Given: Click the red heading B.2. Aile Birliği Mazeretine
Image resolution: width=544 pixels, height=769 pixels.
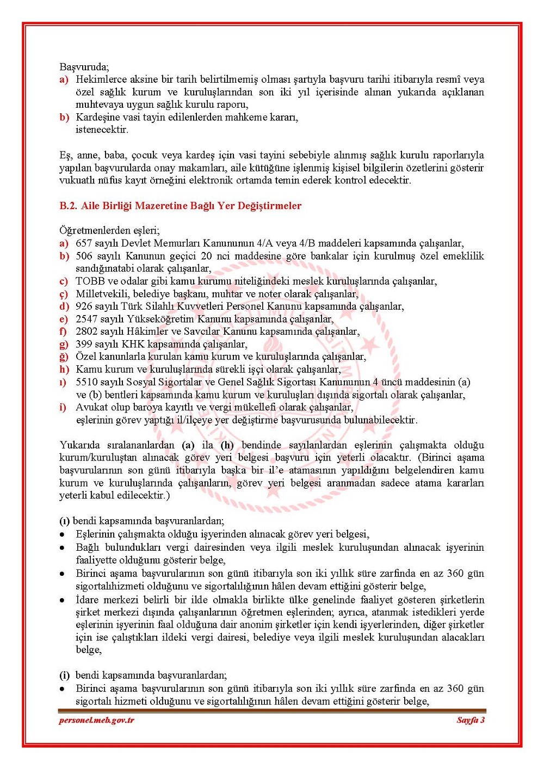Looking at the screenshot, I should pyautogui.click(x=180, y=206).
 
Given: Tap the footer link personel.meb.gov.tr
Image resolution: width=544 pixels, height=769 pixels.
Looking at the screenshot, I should pyautogui.click(x=96, y=720).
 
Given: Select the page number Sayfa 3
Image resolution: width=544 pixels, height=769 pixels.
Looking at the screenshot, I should pyautogui.click(x=471, y=720).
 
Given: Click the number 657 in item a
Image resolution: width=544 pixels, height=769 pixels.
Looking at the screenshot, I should pyautogui.click(x=84, y=243).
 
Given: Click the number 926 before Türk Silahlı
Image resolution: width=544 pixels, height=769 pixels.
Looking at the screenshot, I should pyautogui.click(x=84, y=306).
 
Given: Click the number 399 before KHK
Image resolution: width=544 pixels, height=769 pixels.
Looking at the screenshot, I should pyautogui.click(x=84, y=344).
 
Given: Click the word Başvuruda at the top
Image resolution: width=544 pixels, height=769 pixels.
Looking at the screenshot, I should pyautogui.click(x=84, y=67).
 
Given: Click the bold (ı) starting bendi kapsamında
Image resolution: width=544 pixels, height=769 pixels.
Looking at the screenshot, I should pyautogui.click(x=65, y=521).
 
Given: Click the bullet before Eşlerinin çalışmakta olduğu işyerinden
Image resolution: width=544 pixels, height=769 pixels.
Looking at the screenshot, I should pyautogui.click(x=63, y=534).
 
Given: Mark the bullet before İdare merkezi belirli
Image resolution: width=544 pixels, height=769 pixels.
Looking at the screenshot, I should pyautogui.click(x=63, y=600).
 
